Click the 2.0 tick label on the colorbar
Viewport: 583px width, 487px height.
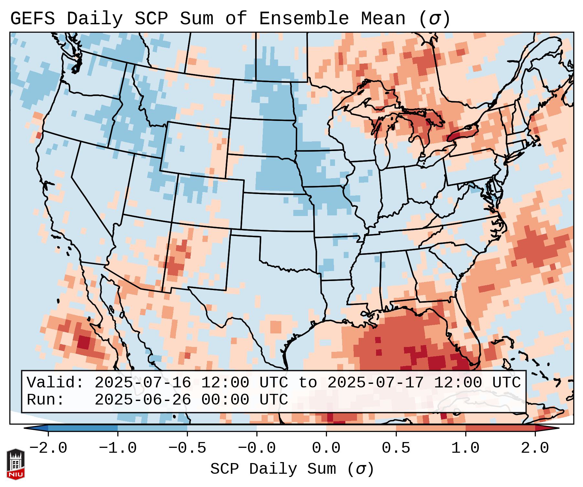tap(535, 448)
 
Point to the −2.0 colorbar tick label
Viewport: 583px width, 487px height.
tap(48, 448)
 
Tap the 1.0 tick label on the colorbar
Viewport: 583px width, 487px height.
tap(465, 448)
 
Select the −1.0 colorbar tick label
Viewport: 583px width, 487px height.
tap(118, 448)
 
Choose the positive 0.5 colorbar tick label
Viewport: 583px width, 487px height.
tap(396, 448)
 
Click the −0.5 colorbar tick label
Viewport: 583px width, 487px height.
tap(187, 448)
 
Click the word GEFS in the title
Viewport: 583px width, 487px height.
tap(32, 19)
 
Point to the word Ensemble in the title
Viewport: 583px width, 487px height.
tap(304, 19)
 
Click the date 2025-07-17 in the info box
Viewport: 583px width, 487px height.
tap(375, 383)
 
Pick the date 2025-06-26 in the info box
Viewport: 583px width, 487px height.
tap(143, 400)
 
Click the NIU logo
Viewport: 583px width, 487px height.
tap(16, 464)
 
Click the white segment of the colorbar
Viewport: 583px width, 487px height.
tap(291, 428)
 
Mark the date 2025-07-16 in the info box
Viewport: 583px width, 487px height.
tap(143, 383)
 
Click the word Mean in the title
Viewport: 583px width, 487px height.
tap(383, 19)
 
